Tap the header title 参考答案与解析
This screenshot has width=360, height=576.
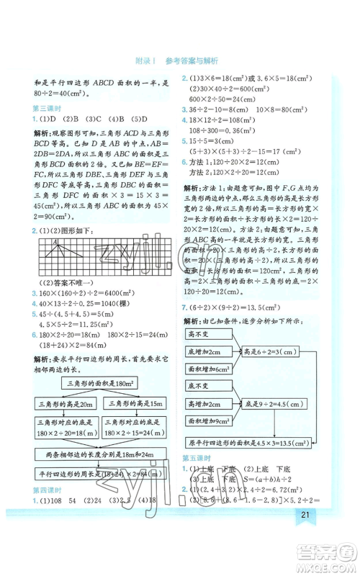click(191, 60)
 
